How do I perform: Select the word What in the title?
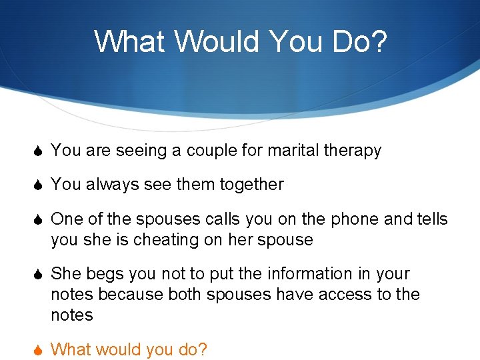(131, 41)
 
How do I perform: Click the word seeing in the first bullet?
(141, 151)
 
